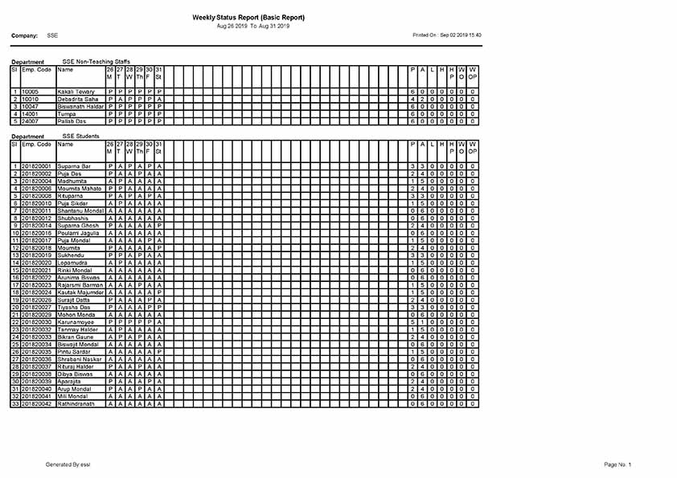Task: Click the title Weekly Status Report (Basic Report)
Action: (x=248, y=17)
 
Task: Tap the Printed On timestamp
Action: (x=446, y=35)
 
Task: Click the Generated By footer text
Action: (x=68, y=464)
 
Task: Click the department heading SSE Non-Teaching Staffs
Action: (x=96, y=61)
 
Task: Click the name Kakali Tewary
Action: (x=76, y=92)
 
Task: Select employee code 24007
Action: (x=30, y=121)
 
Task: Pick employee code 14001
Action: (x=30, y=114)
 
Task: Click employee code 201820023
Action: (x=36, y=284)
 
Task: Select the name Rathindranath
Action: (x=77, y=403)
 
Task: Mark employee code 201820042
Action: (x=36, y=403)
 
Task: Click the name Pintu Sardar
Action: (x=73, y=351)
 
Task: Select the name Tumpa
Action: (x=66, y=114)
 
